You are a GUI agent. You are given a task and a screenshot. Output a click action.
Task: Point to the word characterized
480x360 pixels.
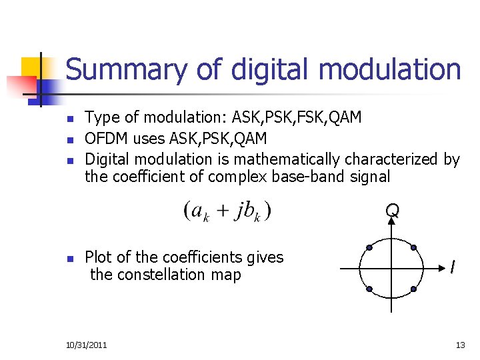pyautogui.click(x=397, y=159)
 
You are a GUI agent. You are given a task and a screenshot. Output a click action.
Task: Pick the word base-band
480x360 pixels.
pyautogui.click(x=294, y=176)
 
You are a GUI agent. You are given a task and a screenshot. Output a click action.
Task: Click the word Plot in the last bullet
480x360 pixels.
pyautogui.click(x=98, y=257)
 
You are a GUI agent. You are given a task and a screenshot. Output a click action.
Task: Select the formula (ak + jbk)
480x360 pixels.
pyautogui.click(x=227, y=211)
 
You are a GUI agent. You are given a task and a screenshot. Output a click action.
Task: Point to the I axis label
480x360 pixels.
pyautogui.click(x=453, y=267)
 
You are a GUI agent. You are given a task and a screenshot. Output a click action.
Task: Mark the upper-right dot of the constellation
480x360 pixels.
pyautogui.click(x=413, y=247)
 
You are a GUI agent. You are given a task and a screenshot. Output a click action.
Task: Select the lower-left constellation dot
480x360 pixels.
pyautogui.click(x=369, y=289)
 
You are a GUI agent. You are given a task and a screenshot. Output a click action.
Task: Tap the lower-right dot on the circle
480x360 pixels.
pyautogui.click(x=413, y=289)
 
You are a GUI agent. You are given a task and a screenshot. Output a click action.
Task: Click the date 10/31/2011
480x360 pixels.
pyautogui.click(x=87, y=345)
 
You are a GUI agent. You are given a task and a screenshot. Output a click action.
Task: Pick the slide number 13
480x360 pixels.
pyautogui.click(x=460, y=345)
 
